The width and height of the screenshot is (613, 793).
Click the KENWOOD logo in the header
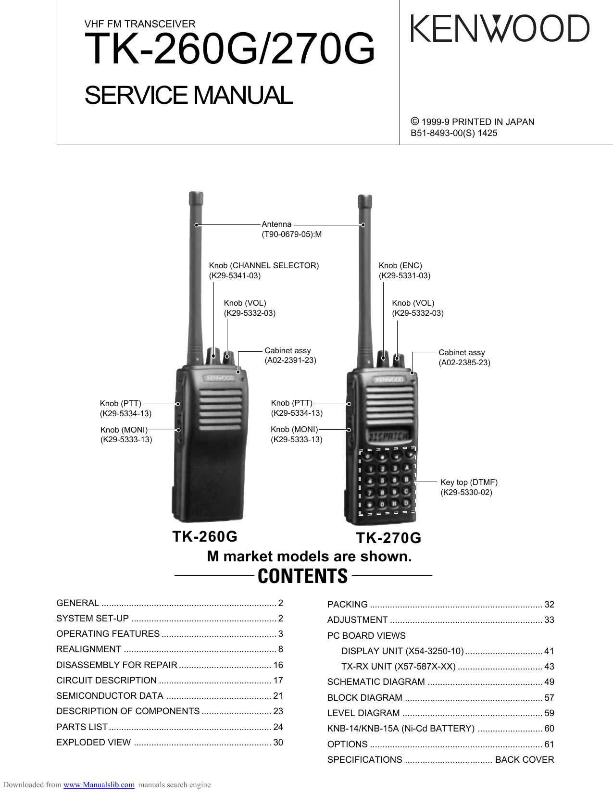[500, 28]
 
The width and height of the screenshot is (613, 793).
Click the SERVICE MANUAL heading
[188, 95]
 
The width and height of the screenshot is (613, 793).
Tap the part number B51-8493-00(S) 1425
[454, 133]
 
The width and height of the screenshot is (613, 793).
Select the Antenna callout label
[276, 224]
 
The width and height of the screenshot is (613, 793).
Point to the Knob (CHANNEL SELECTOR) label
[264, 265]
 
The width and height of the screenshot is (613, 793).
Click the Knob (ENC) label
[400, 265]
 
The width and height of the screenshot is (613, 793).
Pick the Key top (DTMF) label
[469, 482]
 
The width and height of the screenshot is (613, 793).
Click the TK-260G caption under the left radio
[205, 536]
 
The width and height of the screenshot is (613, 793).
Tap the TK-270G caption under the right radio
[388, 538]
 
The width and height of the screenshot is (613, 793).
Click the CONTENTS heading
[303, 576]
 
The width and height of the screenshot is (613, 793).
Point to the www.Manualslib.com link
[99, 785]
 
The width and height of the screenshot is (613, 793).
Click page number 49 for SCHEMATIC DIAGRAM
[549, 681]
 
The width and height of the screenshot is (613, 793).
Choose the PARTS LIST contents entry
[82, 727]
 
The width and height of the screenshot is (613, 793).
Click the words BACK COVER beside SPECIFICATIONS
[525, 759]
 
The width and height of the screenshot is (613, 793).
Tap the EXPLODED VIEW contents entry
[93, 742]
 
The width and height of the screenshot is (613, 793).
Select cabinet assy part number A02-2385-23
[464, 362]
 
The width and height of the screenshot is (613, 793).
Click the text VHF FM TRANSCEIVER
[140, 24]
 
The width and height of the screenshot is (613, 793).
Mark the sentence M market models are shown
[309, 557]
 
